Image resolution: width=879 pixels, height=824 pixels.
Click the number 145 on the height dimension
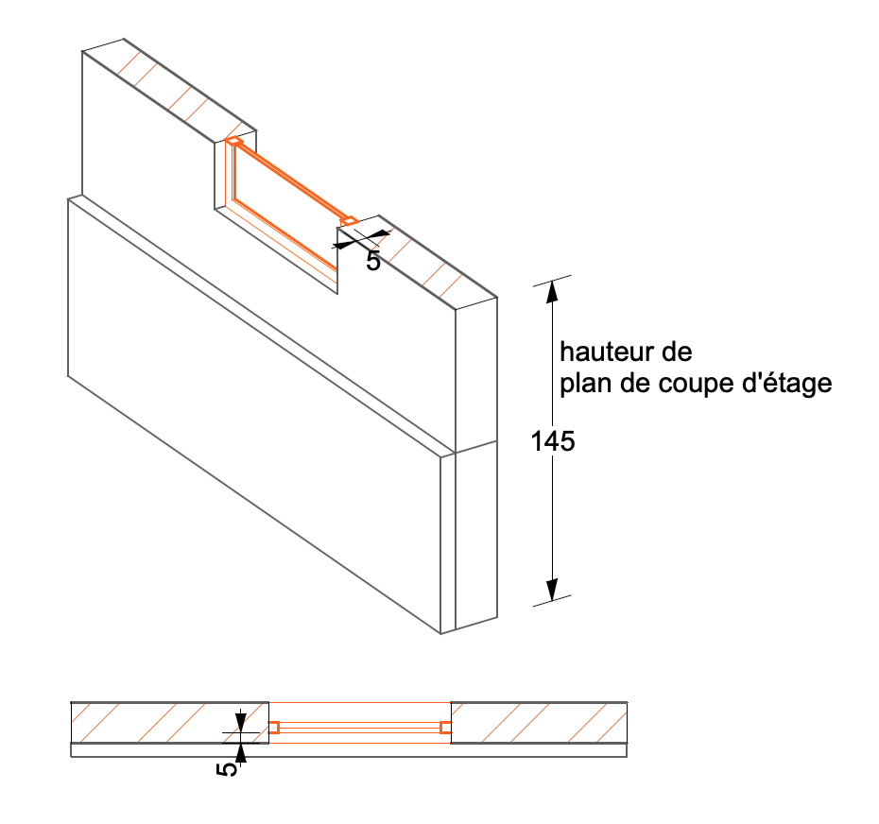553,441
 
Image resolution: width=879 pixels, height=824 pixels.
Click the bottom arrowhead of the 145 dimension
552,589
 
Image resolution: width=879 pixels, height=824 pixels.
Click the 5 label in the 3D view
373,261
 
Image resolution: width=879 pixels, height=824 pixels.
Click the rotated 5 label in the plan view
227,769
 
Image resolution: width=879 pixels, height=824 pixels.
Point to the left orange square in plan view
273,728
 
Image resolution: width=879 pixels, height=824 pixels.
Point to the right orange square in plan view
446,728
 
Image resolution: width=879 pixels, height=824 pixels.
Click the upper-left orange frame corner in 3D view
233,141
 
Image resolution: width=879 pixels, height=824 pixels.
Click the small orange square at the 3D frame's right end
349,221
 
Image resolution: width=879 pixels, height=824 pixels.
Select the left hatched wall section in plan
170,723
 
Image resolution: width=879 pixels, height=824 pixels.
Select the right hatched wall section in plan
539,723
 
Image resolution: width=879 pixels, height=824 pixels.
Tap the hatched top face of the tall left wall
169,91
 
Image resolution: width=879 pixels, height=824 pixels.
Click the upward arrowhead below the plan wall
240,753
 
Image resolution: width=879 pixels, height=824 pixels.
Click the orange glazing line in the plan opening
360,728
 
